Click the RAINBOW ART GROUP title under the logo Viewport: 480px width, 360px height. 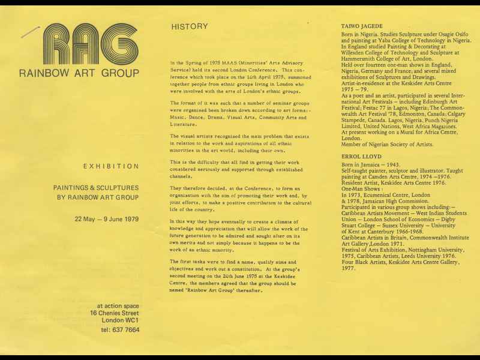point(79,74)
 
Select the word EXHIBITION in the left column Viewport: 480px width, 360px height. point(111,166)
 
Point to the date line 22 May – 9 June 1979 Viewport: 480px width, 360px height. point(106,218)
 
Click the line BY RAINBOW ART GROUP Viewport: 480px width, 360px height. point(96,197)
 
